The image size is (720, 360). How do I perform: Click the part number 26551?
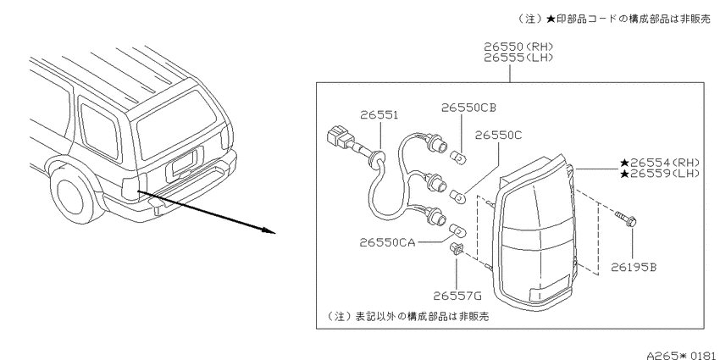pyautogui.click(x=379, y=115)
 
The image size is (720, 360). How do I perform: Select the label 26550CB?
pyautogui.click(x=468, y=108)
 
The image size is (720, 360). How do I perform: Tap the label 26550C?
pyautogui.click(x=498, y=136)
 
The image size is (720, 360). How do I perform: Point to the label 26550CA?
pyautogui.click(x=387, y=242)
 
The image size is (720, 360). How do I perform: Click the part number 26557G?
pyautogui.click(x=457, y=296)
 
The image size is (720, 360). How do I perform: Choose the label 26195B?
pyautogui.click(x=634, y=267)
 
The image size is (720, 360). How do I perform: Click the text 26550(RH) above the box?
pyautogui.click(x=518, y=47)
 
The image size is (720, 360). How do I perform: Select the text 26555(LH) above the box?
pyautogui.click(x=518, y=58)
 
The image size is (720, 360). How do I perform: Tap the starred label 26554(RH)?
pyautogui.click(x=659, y=162)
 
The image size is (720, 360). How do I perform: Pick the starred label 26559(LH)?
pyautogui.click(x=659, y=173)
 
